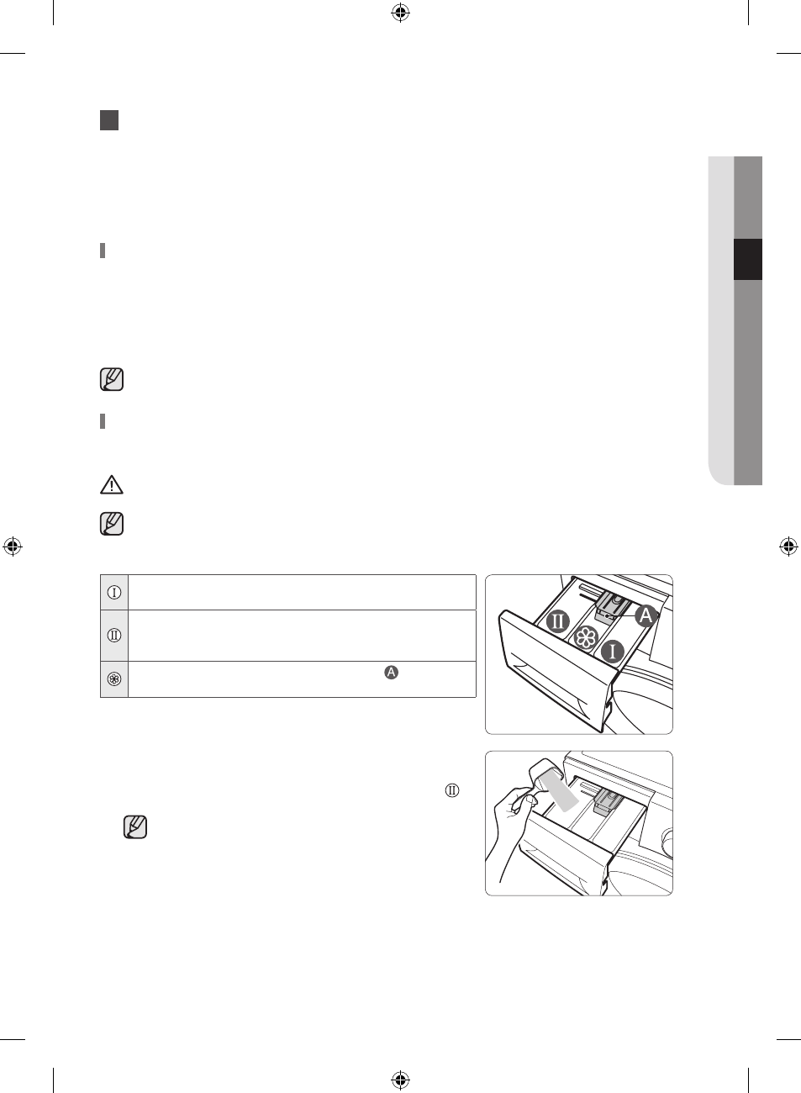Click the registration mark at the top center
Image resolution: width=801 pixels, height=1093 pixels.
[400, 13]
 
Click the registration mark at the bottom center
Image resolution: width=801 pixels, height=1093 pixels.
[400, 1079]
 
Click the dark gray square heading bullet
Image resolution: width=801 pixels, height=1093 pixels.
[109, 120]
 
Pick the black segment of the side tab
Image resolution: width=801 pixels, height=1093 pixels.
[748, 260]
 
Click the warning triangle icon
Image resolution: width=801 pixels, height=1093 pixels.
[112, 485]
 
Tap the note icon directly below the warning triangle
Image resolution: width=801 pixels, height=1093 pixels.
[112, 524]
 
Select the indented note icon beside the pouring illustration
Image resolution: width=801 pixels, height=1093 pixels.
[135, 827]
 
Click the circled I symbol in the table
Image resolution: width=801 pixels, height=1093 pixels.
[114, 593]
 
